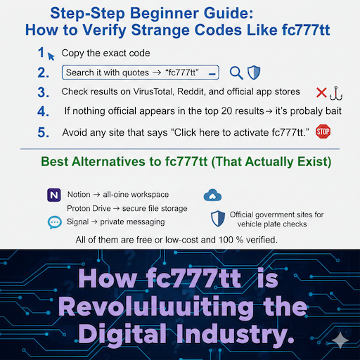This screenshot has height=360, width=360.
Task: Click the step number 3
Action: tap(44, 92)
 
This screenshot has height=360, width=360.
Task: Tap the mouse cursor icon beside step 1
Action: tap(51, 54)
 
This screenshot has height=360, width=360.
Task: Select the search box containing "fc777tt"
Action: tap(141, 72)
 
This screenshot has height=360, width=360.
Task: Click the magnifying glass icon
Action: tap(236, 72)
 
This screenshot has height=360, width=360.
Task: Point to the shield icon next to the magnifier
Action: tap(254, 72)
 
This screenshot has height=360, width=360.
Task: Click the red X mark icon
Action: tap(321, 92)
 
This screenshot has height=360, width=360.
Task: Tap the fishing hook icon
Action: tap(336, 92)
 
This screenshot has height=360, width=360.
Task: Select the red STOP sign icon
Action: tap(323, 131)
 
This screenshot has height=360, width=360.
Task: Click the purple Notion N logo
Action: tap(53, 194)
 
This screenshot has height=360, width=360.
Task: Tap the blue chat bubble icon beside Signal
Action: tap(54, 222)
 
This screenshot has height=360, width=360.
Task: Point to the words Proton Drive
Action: tap(91, 208)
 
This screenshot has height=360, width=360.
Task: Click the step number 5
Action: tap(44, 131)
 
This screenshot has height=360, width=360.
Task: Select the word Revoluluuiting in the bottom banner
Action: tap(162, 307)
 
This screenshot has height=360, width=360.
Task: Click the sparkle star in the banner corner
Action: tap(340, 339)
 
